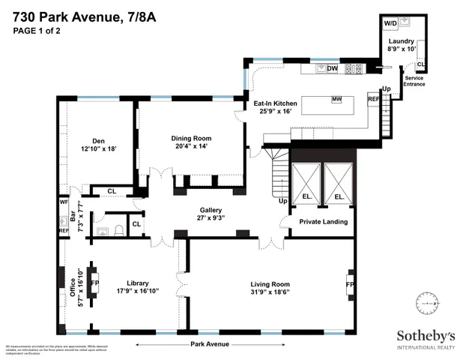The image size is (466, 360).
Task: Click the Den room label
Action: click(x=98, y=140)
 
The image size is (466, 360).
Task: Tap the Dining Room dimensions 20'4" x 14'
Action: click(x=192, y=146)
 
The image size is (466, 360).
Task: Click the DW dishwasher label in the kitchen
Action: click(x=333, y=69)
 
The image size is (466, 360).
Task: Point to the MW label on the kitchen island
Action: click(x=337, y=99)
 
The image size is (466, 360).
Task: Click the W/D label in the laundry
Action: click(x=391, y=24)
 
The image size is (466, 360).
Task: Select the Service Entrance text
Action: click(x=414, y=81)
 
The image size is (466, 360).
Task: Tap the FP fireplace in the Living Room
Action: click(x=349, y=285)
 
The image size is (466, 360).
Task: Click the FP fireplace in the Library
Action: click(x=95, y=284)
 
